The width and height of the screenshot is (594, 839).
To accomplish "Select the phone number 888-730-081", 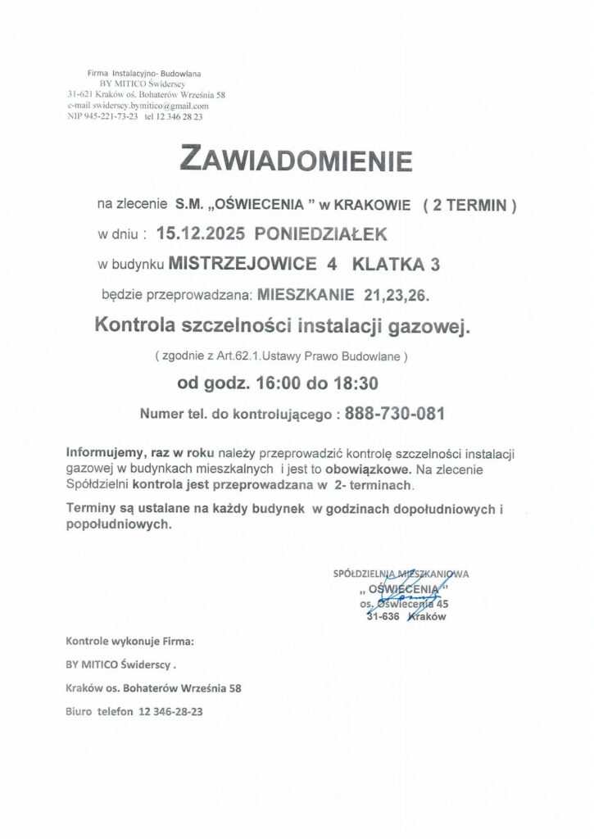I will (395, 415).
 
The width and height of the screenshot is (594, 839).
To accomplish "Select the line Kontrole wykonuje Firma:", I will (130, 641).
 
